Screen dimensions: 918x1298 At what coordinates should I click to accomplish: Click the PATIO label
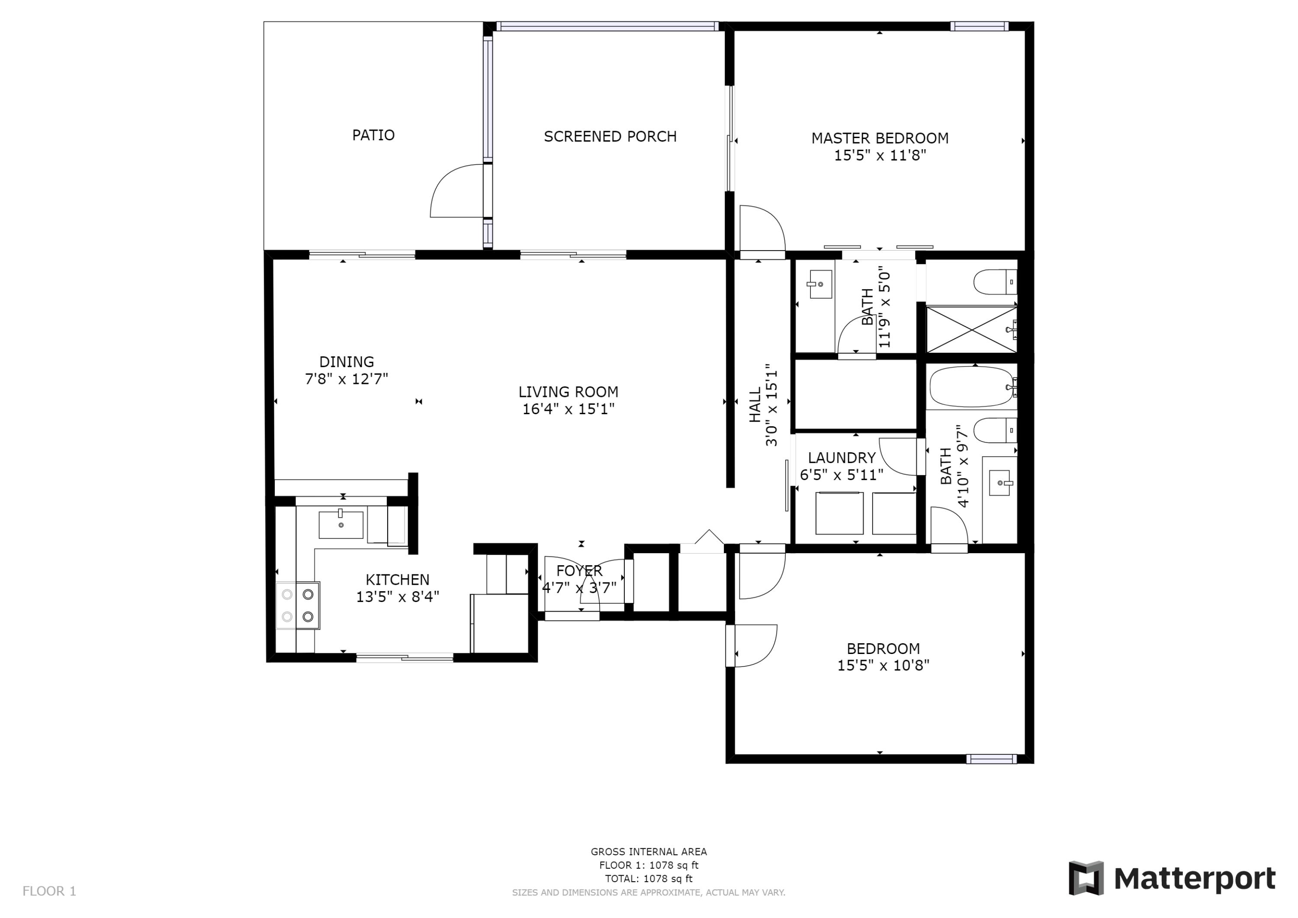[373, 135]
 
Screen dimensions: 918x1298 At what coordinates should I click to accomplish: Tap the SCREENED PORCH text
[610, 136]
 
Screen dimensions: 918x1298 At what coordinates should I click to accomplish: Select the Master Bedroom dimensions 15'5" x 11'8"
[880, 155]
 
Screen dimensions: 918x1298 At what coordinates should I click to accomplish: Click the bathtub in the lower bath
[971, 387]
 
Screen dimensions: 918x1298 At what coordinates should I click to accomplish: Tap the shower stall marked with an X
[971, 329]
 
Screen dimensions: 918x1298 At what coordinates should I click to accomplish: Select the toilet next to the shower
[995, 282]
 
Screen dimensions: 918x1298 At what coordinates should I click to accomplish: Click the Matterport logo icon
[1086, 879]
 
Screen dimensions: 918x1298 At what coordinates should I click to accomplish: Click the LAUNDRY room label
[841, 457]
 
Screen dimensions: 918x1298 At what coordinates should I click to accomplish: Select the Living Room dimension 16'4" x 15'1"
[568, 409]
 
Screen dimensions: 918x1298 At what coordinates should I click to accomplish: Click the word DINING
[347, 362]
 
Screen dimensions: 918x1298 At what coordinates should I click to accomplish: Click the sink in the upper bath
[820, 284]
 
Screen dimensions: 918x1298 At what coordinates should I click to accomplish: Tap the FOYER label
[579, 571]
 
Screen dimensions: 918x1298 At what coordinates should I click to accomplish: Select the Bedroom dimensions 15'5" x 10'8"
[883, 666]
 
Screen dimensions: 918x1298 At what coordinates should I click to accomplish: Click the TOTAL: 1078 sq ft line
[649, 879]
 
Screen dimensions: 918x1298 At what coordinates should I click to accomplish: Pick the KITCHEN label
[398, 580]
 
